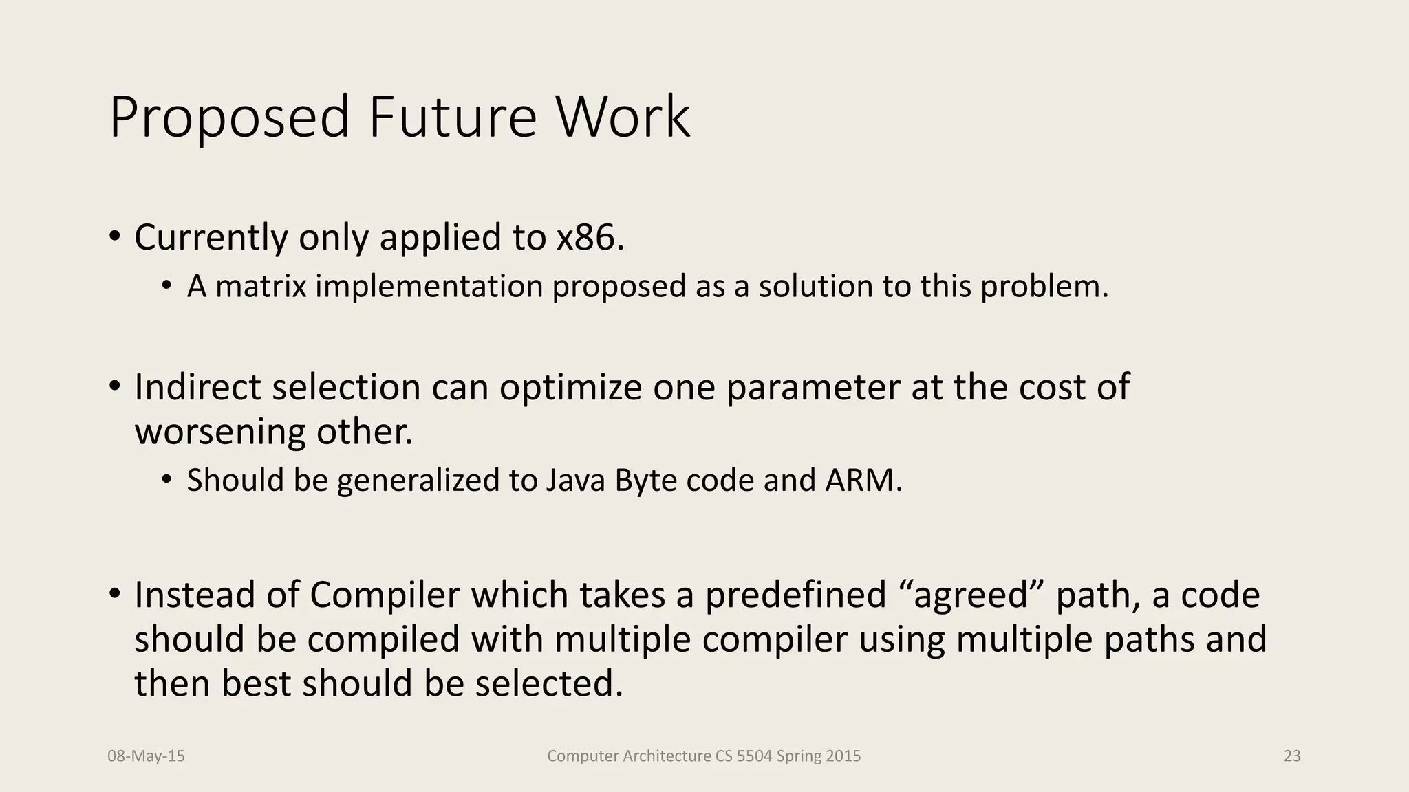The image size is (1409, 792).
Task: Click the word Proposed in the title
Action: [x=230, y=118]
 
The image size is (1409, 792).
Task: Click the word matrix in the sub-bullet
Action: [x=261, y=286]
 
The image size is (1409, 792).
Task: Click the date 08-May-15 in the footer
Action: [x=147, y=756]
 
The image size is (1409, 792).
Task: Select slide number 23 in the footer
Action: [x=1292, y=756]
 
